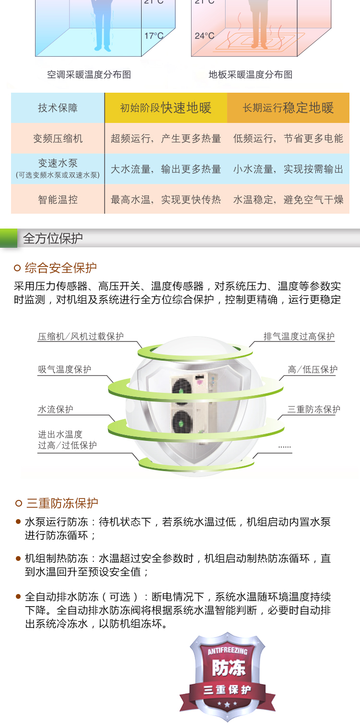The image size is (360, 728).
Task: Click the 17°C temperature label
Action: pyautogui.click(x=154, y=36)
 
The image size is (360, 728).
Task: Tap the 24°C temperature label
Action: pyautogui.click(x=204, y=36)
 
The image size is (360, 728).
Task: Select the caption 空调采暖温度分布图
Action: pyautogui.click(x=89, y=75)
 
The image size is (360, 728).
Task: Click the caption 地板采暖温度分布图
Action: pyautogui.click(x=251, y=75)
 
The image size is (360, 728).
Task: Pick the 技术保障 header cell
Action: pyautogui.click(x=58, y=108)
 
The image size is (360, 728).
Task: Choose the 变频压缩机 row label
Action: pyautogui.click(x=58, y=138)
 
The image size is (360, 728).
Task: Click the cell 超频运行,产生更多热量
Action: pyautogui.click(x=166, y=138)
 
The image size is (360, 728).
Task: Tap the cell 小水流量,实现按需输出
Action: pyautogui.click(x=288, y=169)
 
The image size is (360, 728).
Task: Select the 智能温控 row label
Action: pyautogui.click(x=58, y=200)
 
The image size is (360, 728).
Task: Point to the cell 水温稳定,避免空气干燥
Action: pyautogui.click(x=288, y=200)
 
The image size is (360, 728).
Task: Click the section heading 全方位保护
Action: pyautogui.click(x=53, y=239)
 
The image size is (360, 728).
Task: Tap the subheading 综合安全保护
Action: pyautogui.click(x=61, y=268)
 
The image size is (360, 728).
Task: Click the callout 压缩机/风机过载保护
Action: pyautogui.click(x=81, y=336)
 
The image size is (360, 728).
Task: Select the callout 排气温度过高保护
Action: pyautogui.click(x=299, y=336)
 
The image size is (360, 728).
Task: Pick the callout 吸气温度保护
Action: pyautogui.click(x=64, y=370)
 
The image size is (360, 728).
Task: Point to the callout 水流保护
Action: pyautogui.click(x=56, y=410)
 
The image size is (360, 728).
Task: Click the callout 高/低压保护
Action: pyautogui.click(x=312, y=370)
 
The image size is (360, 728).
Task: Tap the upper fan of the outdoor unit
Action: pyautogui.click(x=181, y=389)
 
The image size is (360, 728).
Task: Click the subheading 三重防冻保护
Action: pyautogui.click(x=62, y=503)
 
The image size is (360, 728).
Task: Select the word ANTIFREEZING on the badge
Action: pyautogui.click(x=228, y=651)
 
